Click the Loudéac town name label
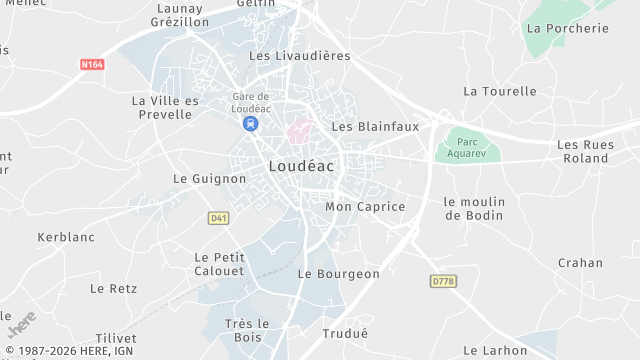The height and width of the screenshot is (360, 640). [301, 167]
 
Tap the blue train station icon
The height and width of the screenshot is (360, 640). [249, 124]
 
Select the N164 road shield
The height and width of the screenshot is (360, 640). [92, 65]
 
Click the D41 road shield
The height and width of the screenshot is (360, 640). [219, 217]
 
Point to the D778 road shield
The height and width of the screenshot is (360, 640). [443, 281]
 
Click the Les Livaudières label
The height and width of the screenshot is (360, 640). [300, 56]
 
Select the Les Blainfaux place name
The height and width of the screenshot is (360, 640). [375, 127]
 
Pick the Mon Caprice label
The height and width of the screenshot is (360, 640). [366, 207]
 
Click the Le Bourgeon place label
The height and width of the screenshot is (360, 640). [339, 274]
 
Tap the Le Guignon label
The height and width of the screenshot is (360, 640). [210, 179]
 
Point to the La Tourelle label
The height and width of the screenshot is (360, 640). [500, 91]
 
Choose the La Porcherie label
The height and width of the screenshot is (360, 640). [567, 28]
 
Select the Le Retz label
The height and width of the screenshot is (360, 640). [113, 288]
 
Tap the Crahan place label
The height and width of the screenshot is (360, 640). [581, 263]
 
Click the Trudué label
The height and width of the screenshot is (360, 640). [345, 333]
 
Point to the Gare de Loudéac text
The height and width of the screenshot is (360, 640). [250, 101]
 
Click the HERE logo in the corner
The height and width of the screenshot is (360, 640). [22, 325]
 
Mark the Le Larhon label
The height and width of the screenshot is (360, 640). [495, 350]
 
